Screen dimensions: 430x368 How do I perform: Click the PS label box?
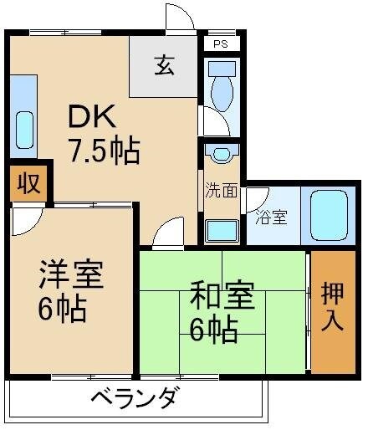221,43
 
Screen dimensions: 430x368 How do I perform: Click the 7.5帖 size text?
103,151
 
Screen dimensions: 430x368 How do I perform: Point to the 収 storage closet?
28,183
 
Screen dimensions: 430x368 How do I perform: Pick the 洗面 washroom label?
222,191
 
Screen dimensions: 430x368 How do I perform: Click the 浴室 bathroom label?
271,218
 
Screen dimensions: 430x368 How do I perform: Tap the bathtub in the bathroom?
328,215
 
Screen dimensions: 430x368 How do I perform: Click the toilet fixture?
222,86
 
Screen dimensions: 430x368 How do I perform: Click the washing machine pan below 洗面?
222,227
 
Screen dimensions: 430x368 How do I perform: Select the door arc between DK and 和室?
170,231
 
